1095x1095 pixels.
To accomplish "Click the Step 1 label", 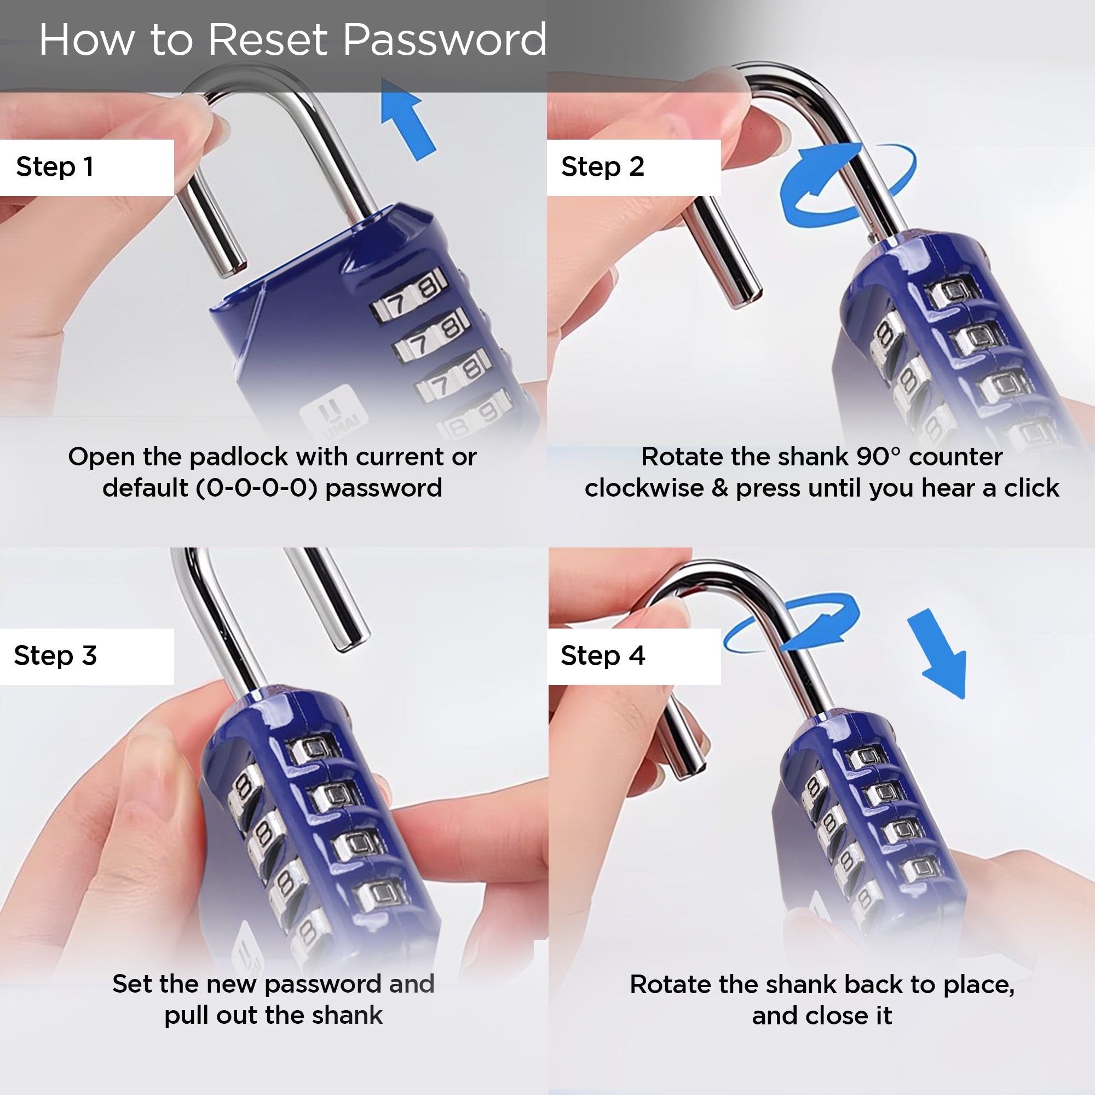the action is click(x=55, y=167).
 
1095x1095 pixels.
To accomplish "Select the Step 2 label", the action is click(x=602, y=167).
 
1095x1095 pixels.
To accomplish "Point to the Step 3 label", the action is click(x=55, y=656).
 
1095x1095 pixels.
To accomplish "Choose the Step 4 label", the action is click(x=603, y=656).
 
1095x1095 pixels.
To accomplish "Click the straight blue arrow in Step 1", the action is click(x=407, y=118).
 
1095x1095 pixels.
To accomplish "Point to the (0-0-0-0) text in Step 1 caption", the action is click(x=257, y=488).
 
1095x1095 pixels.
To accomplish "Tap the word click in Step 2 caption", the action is click(x=1031, y=487).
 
